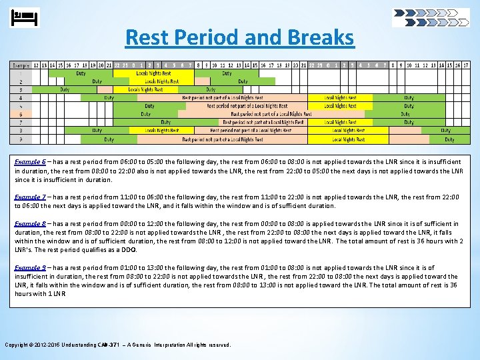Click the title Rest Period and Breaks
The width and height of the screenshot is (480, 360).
click(239, 37)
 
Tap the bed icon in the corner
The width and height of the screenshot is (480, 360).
click(26, 17)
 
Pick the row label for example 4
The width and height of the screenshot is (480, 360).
click(20, 97)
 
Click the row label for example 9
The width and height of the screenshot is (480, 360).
click(20, 139)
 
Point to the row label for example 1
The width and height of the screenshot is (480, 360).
click(20, 73)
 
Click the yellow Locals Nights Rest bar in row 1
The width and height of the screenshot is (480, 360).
click(153, 73)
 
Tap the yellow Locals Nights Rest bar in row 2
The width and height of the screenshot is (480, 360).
click(161, 81)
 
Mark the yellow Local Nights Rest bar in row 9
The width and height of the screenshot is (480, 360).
click(348, 139)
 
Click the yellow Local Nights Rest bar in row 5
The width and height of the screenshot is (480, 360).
click(340, 106)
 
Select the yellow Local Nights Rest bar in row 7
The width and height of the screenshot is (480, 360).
click(340, 123)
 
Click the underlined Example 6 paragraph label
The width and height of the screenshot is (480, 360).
click(30, 162)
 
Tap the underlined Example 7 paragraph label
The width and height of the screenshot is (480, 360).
click(30, 197)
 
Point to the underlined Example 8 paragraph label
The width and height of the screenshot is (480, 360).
click(30, 224)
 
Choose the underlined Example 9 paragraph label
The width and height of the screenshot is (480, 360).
click(30, 267)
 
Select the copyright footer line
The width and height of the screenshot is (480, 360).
click(118, 345)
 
